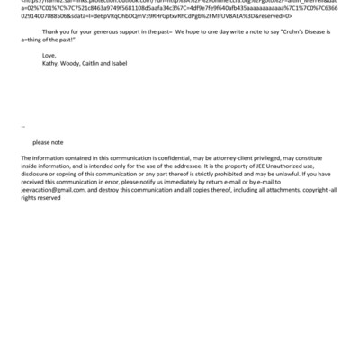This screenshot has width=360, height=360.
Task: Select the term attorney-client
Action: pyautogui.click(x=244, y=158)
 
